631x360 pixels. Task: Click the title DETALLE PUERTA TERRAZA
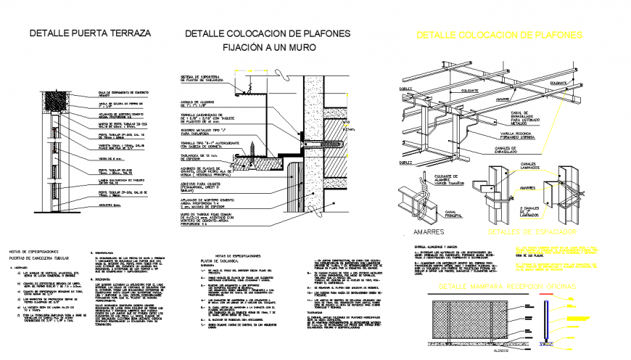(90, 33)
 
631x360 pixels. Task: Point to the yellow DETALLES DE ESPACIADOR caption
(532, 232)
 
